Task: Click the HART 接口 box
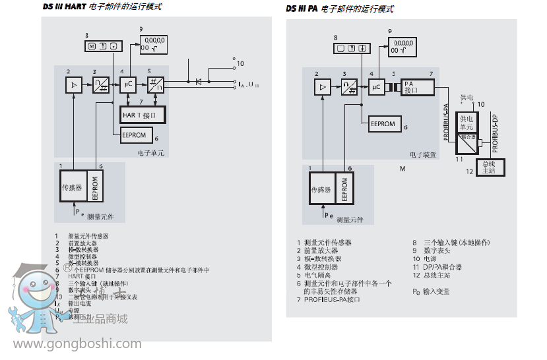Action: tap(142, 115)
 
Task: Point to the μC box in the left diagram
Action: tap(127, 84)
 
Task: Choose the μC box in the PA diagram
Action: tap(377, 87)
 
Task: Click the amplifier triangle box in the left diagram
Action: tap(73, 84)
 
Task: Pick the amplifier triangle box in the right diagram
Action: tap(322, 87)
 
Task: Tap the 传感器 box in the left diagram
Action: tap(71, 187)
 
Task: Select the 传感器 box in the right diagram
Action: tap(321, 189)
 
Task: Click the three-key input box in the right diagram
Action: tap(350, 48)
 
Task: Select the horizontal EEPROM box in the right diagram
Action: tap(383, 123)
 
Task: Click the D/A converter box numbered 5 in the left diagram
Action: tap(156, 84)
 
